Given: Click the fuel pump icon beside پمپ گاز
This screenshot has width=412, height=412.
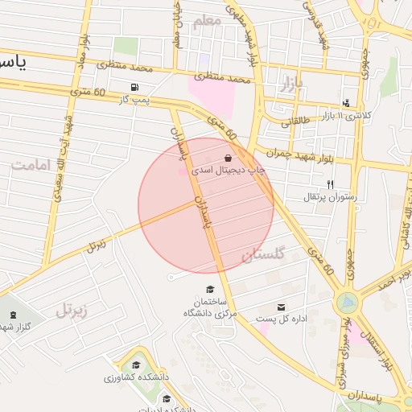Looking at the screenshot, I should (133, 88).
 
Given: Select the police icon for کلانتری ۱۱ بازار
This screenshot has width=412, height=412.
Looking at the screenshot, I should (346, 103).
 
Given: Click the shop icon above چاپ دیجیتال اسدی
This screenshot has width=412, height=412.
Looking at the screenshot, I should (228, 158).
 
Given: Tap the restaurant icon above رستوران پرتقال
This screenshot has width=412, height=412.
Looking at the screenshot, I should (329, 184).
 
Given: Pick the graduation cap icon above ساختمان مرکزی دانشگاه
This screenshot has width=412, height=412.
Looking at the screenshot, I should (211, 289).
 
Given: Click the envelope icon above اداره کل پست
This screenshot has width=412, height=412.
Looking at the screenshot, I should (281, 307).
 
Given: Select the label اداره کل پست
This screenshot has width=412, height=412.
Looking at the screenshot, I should (282, 319).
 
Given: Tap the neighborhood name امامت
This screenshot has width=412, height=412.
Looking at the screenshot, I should (31, 165).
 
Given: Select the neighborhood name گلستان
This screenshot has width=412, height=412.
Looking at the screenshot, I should (262, 255).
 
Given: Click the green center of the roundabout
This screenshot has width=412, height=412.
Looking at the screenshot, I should (348, 303).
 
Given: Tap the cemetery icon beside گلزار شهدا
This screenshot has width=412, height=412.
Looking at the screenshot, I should (13, 314).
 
